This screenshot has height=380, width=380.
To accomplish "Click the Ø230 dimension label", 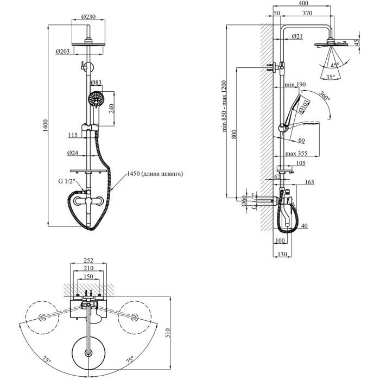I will [x=88, y=17].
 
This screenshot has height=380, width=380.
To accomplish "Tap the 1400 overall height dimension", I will [x=46, y=124].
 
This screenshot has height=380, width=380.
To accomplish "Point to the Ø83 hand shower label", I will [x=96, y=83].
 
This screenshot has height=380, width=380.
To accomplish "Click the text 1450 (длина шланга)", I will [x=155, y=174].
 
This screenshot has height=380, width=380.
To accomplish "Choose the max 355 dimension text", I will [x=295, y=153].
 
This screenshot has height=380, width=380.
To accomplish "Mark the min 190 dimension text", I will [x=295, y=85].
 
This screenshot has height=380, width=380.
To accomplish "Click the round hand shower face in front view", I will [x=96, y=100].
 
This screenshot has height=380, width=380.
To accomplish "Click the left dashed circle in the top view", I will [x=41, y=318].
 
